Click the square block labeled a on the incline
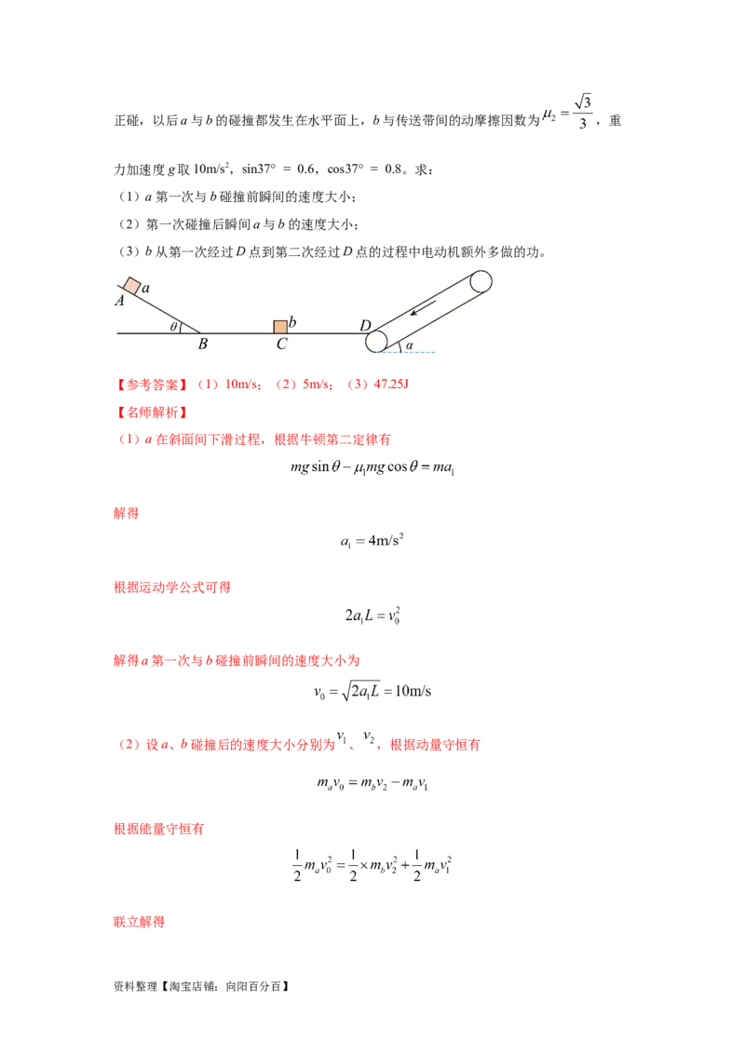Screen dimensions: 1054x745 [x=131, y=286]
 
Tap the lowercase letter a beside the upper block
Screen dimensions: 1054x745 [x=146, y=290]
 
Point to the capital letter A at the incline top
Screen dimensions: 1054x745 [x=120, y=301]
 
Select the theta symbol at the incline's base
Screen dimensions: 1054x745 [x=173, y=326]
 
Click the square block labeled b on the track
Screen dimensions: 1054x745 [x=279, y=327]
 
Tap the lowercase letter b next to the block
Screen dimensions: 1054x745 [x=292, y=322]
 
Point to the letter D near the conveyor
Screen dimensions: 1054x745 [x=366, y=326]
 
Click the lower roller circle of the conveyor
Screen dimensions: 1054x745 [x=377, y=341]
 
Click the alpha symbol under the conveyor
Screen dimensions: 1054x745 [x=409, y=345]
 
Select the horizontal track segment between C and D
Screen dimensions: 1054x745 [x=326, y=332]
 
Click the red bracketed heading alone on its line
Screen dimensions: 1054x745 [x=149, y=411]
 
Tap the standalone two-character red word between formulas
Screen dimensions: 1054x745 [x=126, y=513]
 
